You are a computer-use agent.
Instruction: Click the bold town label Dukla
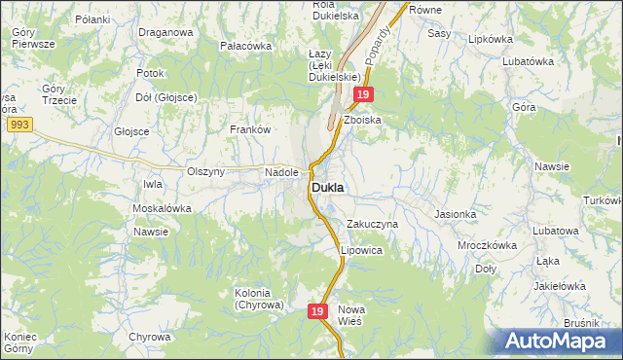coord(332,187)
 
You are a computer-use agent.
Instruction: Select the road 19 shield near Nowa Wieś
coord(317,311)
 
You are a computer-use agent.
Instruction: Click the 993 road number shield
coord(17,126)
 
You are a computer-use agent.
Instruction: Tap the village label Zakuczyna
coord(373,224)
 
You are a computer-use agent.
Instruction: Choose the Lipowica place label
coord(361,250)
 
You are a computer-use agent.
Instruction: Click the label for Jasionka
coord(456,214)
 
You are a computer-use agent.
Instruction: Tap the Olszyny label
coord(205,172)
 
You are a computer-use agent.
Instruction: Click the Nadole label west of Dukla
coord(281,172)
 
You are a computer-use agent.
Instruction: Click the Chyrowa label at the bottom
coord(149,337)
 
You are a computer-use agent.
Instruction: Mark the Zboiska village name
coord(362,120)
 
